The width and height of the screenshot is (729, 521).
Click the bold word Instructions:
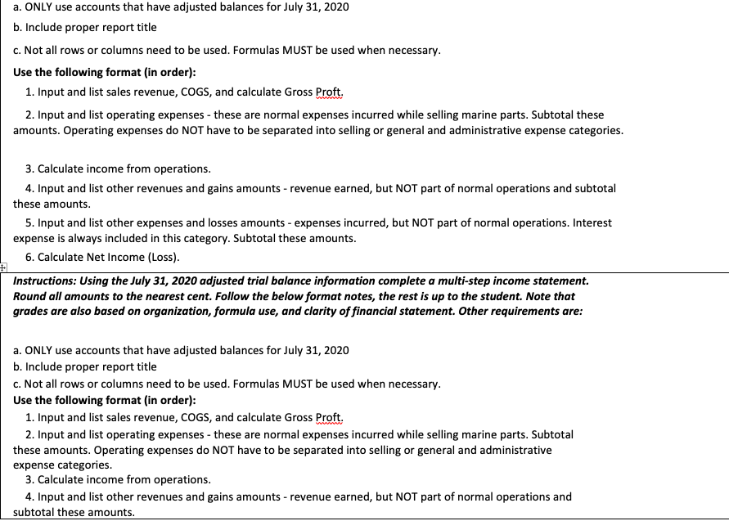tap(46, 281)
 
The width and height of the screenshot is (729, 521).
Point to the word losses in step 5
tap(216, 222)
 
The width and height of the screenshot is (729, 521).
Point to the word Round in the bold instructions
tap(30, 296)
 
